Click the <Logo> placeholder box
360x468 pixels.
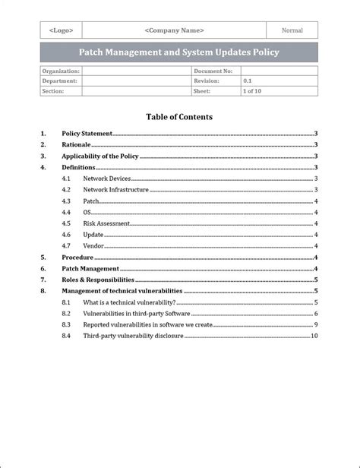click(61, 30)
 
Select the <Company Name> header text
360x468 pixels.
click(174, 30)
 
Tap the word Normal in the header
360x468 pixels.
click(292, 30)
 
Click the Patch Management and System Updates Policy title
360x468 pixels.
click(179, 52)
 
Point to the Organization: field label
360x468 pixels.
click(60, 71)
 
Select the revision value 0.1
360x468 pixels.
click(248, 81)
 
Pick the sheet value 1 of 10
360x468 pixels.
click(253, 90)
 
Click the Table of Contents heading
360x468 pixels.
click(179, 117)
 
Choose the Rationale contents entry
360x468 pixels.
click(76, 144)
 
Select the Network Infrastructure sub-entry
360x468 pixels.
click(115, 189)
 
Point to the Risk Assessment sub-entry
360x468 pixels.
click(106, 223)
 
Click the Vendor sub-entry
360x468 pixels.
click(93, 246)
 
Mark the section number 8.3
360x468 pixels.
click(66, 324)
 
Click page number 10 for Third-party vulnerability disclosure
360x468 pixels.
click(314, 336)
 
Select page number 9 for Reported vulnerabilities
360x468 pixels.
click(315, 324)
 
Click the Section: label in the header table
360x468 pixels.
click(54, 90)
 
